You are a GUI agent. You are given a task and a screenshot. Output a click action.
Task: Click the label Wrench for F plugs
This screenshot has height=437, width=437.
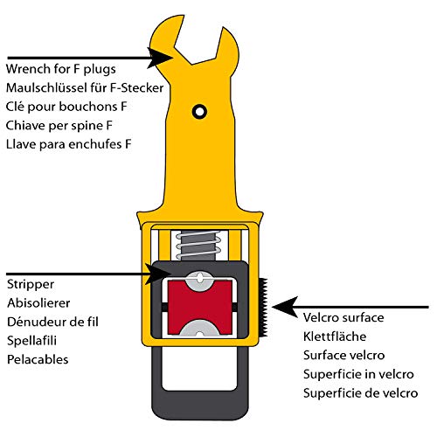point(61,70)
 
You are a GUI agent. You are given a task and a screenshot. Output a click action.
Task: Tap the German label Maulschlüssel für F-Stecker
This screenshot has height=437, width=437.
point(85,87)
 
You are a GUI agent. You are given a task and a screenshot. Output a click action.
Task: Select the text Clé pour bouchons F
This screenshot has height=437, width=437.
point(66,107)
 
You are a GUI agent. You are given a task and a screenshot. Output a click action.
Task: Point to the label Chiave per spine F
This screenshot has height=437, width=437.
point(59,126)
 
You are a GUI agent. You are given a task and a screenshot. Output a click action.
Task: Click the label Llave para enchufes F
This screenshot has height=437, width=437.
point(69,144)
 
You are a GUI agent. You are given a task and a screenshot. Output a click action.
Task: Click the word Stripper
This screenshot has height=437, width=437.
point(31,285)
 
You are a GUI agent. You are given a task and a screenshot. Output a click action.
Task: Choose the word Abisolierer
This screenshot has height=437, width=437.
point(38,303)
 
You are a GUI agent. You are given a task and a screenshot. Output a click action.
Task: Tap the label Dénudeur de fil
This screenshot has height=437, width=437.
point(52,322)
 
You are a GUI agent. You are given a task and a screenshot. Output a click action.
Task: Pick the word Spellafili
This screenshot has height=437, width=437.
point(31,341)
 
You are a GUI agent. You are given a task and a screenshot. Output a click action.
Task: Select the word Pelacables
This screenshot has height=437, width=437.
point(38,359)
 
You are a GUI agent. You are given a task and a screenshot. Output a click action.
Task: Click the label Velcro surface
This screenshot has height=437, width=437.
point(343,317)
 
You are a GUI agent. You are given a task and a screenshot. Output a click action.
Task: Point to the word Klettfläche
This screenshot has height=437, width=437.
point(335,336)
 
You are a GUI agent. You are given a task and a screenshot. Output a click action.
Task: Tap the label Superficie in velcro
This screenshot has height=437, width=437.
point(358,374)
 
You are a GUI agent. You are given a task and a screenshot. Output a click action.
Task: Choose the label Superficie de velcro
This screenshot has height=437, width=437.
point(361,393)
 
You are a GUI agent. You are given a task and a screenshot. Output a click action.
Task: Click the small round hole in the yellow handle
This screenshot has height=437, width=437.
point(199,112)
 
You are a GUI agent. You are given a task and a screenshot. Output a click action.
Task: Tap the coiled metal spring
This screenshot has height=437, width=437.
point(198,245)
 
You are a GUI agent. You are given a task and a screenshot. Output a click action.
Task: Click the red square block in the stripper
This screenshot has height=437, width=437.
point(200,307)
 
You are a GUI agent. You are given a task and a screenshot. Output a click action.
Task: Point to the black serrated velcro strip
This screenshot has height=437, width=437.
point(264,308)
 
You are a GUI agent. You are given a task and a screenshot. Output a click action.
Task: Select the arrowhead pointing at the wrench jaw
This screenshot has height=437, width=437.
point(160,58)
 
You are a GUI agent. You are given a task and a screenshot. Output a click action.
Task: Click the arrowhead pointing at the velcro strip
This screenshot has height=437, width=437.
point(285,307)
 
